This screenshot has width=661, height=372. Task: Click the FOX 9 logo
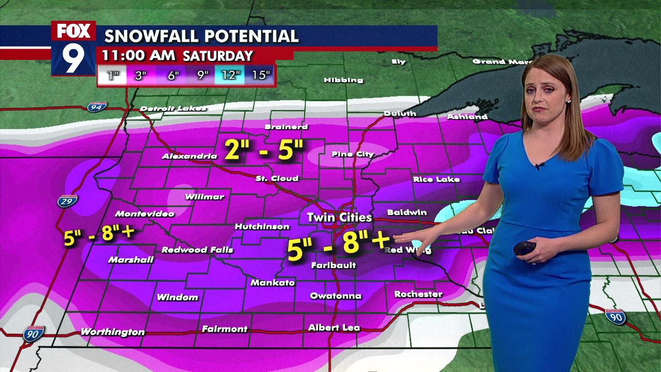tap(73, 48)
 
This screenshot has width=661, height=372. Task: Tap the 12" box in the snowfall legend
tap(230, 75)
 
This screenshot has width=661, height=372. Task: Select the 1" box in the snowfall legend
tap(113, 75)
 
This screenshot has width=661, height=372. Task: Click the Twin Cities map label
tap(339, 218)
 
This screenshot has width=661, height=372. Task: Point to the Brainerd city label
tap(286, 127)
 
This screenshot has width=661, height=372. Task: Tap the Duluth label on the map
tap(400, 114)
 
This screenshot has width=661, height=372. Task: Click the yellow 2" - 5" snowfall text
tap(264, 149)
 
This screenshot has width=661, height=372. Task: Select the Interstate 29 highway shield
tap(68, 200)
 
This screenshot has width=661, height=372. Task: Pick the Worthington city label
tap(113, 332)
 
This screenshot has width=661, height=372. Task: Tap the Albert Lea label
tap(334, 328)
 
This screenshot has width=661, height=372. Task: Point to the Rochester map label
tap(418, 294)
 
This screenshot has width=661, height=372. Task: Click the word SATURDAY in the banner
tap(218, 56)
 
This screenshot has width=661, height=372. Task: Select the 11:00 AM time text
tap(138, 56)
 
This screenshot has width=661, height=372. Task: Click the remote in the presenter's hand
tap(526, 248)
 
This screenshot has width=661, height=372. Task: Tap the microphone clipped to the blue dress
tap(539, 166)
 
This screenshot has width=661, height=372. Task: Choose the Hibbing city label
tap(343, 80)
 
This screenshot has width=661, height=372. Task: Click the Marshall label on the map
tap(131, 259)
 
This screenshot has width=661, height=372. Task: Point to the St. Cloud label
tap(277, 178)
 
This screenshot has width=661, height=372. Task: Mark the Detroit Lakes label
tap(173, 109)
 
